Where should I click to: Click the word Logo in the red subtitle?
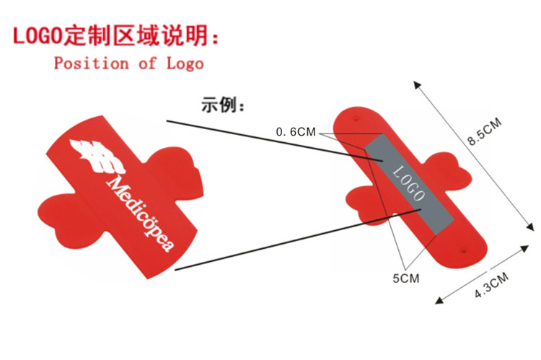185,63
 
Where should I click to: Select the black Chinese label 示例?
223,106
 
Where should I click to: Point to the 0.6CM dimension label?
296,132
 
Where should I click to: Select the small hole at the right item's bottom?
462,253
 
